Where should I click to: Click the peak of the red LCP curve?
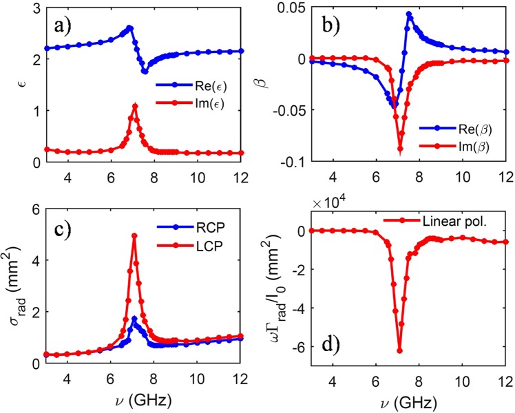pos(134,235)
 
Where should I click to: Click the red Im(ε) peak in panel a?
pos(135,105)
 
